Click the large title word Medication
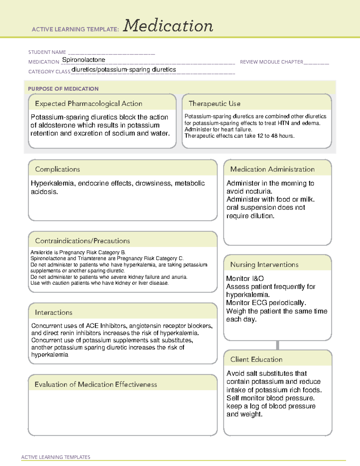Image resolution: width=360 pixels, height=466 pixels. click(168, 26)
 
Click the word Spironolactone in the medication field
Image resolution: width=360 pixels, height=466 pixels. click(84, 60)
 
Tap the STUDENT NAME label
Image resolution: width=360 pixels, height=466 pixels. click(47, 52)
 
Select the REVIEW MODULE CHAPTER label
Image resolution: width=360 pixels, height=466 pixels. click(271, 62)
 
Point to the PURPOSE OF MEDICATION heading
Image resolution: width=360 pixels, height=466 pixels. click(63, 89)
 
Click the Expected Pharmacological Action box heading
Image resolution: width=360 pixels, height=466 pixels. click(88, 104)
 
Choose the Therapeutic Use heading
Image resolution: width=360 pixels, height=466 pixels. click(214, 104)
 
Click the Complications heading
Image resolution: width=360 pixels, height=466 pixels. click(57, 169)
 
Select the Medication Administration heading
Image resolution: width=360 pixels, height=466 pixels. click(272, 169)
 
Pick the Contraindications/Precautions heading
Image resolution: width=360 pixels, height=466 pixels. click(82, 241)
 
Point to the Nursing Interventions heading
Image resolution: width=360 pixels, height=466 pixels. click(264, 265)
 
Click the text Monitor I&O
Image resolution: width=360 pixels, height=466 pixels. click(245, 278)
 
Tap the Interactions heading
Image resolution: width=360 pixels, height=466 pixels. click(53, 312)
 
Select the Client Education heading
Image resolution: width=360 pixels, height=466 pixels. click(256, 359)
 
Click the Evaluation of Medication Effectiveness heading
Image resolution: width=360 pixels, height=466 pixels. click(96, 384)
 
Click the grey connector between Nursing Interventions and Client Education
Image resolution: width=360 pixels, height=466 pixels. click(277, 345)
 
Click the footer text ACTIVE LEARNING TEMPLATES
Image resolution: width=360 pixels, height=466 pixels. click(56, 457)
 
